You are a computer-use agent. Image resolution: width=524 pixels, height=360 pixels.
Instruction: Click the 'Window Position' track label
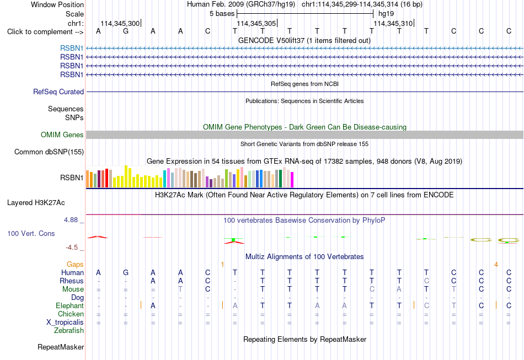click(57, 4)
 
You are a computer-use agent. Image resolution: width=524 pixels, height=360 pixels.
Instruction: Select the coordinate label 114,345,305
click(256, 23)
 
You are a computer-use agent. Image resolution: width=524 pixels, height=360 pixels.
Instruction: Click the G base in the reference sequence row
click(126, 31)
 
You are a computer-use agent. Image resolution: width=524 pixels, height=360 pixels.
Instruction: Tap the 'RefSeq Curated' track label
click(58, 92)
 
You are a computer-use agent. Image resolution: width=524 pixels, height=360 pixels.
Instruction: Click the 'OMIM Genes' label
click(62, 135)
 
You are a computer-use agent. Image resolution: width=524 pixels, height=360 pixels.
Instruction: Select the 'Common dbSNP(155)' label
click(49, 152)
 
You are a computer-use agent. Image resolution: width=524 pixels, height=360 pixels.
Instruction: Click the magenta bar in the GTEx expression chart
click(292, 180)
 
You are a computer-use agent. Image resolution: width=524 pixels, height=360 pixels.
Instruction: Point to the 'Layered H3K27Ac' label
click(36, 203)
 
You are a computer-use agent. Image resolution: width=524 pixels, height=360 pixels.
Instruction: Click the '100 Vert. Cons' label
click(31, 233)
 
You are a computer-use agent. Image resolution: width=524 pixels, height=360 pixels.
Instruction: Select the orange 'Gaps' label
click(75, 265)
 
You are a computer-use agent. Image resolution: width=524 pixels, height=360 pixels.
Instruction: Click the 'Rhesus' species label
click(72, 281)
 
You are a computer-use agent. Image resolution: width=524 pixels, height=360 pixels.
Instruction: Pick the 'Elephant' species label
click(70, 306)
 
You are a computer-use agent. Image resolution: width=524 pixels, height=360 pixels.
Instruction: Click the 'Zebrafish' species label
click(69, 331)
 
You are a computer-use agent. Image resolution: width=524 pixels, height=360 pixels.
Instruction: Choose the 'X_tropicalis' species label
click(65, 323)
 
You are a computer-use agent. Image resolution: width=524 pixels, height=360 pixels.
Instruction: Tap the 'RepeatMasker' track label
click(61, 347)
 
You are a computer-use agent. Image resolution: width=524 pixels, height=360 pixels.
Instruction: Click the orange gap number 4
click(496, 265)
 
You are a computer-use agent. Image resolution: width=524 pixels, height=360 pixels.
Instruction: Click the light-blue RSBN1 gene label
click(72, 48)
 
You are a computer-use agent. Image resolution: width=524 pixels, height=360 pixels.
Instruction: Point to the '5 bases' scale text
click(222, 14)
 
